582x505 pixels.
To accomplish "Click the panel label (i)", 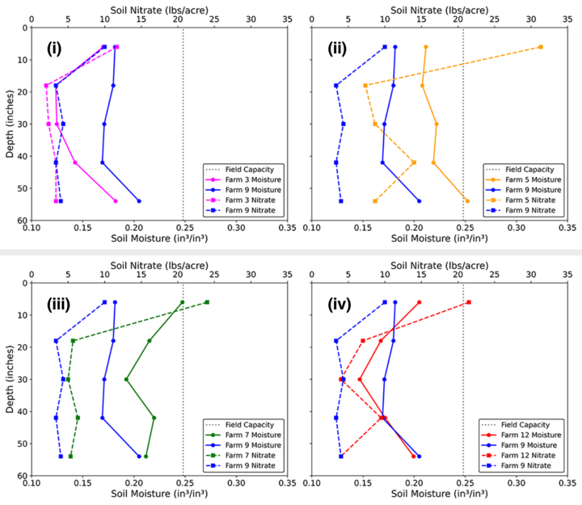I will pyautogui.click(x=54, y=48).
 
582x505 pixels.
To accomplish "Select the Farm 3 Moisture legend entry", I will pyautogui.click(x=243, y=180).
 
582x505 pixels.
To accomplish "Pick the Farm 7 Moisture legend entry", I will pyautogui.click(x=243, y=436).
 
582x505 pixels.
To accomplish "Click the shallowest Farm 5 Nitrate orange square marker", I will pyautogui.click(x=541, y=47).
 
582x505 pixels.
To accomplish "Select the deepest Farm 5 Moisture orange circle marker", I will pyautogui.click(x=466, y=201).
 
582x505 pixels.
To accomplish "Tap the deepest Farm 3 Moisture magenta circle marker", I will pyautogui.click(x=116, y=201).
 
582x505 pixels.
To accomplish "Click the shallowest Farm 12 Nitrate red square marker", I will pyautogui.click(x=469, y=302).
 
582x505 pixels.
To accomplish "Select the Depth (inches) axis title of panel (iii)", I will pyautogui.click(x=10, y=379).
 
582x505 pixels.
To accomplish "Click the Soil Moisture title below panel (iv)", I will pyautogui.click(x=440, y=494).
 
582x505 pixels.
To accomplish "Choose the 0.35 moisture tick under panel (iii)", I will pyautogui.click(x=286, y=483).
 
